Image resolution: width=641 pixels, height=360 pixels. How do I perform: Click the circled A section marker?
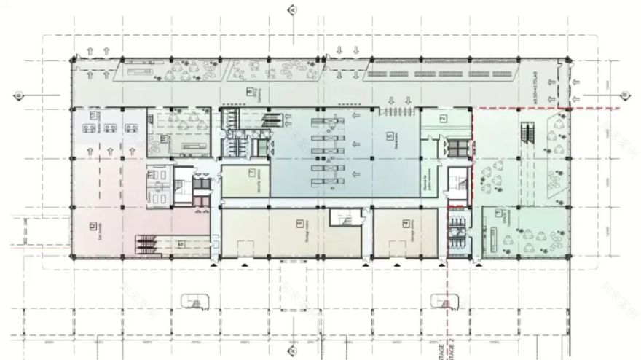[292, 9]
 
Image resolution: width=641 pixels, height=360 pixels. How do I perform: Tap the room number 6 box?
[299, 224]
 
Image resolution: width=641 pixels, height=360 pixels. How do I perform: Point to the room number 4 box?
[405, 222]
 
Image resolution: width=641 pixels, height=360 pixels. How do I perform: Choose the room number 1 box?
[498, 213]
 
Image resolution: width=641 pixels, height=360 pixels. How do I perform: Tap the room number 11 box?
[93, 113]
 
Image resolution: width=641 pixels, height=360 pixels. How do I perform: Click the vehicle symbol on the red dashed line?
[444, 300]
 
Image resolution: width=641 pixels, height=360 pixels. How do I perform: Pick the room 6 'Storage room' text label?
[299, 234]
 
